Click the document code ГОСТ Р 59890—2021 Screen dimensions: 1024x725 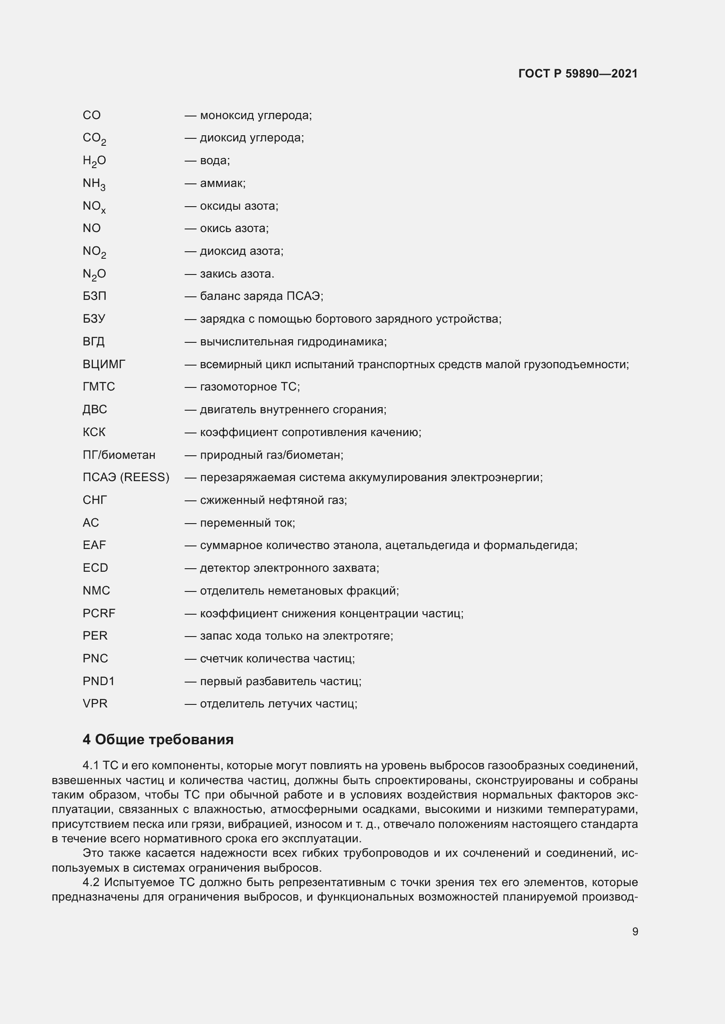[x=578, y=74]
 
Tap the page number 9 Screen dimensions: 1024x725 [x=635, y=931]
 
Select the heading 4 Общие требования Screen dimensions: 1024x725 [x=158, y=739]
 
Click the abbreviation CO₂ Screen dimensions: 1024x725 [x=94, y=139]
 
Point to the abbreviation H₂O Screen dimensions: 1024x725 [x=94, y=161]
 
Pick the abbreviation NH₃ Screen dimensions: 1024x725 [x=94, y=184]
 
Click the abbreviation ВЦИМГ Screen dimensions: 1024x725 [x=104, y=364]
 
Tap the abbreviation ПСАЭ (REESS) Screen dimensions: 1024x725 [x=126, y=477]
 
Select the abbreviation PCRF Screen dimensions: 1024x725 [x=99, y=613]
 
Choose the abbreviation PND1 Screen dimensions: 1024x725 [x=99, y=681]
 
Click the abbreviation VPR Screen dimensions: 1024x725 [x=95, y=704]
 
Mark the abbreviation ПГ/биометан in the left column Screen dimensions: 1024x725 [x=119, y=455]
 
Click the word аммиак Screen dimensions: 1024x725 [x=223, y=183]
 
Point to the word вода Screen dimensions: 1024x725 [x=215, y=161]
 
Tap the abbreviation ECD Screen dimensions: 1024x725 [x=95, y=568]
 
